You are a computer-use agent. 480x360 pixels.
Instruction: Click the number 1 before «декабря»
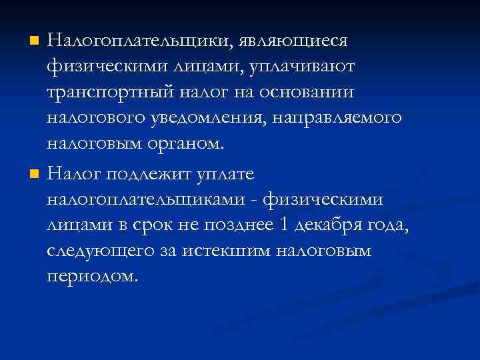tap(285, 225)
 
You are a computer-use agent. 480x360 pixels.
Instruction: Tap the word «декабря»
tap(329, 226)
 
